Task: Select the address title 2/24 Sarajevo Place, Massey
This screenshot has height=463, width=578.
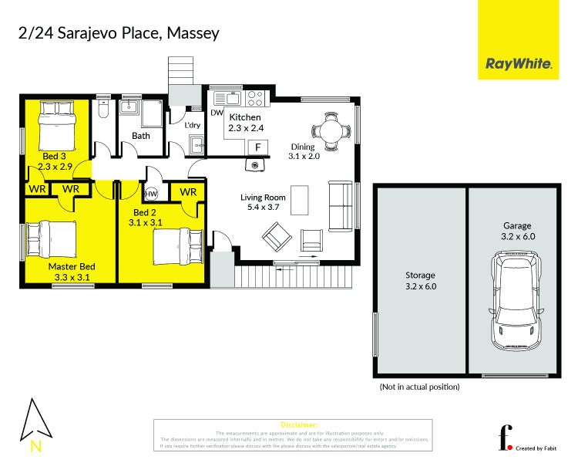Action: [x=119, y=33]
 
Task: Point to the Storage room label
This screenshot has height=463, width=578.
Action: [x=421, y=275]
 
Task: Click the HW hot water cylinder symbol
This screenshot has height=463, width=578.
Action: [x=152, y=194]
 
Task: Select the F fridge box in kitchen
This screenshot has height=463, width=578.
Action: [x=257, y=147]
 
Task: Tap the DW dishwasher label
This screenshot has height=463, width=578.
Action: [x=217, y=113]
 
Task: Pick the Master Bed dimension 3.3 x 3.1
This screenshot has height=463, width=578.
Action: [x=69, y=276]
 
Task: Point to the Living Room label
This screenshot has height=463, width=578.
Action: [x=264, y=198]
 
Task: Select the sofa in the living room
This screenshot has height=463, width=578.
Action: [x=338, y=206]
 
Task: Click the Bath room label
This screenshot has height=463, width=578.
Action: [x=141, y=136]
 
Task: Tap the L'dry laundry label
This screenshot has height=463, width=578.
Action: [x=192, y=124]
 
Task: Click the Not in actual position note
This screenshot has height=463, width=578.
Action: [x=419, y=387]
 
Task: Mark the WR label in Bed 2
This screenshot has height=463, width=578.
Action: [x=188, y=191]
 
